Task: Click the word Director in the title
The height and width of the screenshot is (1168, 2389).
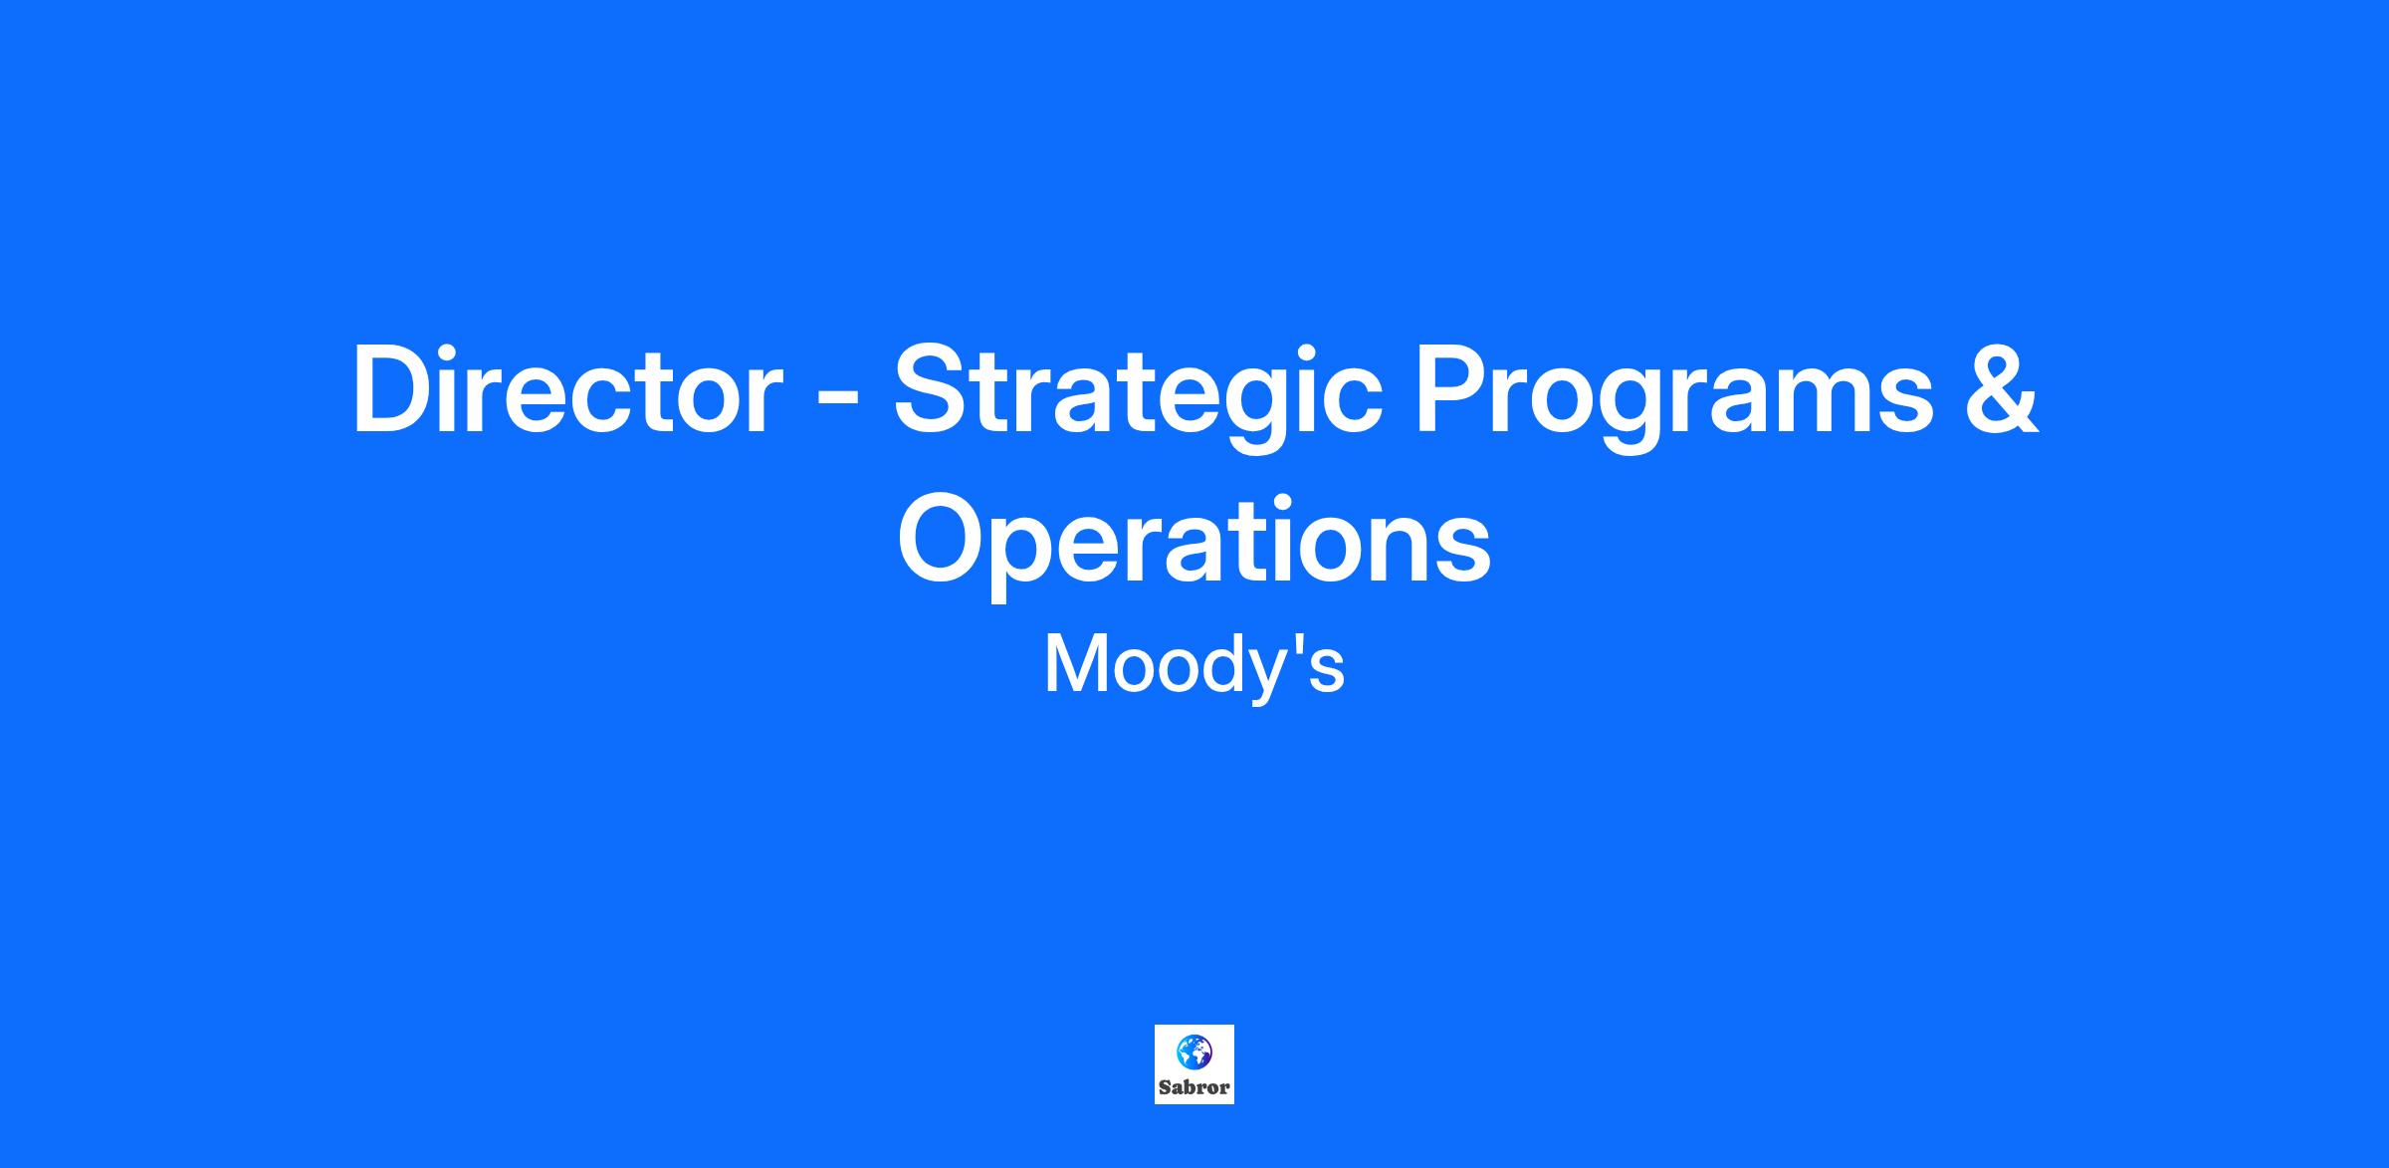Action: tap(566, 389)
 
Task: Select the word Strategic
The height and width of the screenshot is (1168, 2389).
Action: tap(1138, 398)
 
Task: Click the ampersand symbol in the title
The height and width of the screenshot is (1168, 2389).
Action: tap(2002, 389)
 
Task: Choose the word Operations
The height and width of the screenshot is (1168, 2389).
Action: tap(1194, 544)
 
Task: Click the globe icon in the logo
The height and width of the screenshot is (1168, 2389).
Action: tap(1194, 1051)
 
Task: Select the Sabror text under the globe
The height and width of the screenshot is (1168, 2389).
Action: tap(1194, 1087)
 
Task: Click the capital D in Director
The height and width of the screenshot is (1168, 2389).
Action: tap(394, 389)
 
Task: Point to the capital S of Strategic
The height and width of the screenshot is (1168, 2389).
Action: tap(934, 389)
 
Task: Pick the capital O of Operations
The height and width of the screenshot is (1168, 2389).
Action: tap(945, 539)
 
